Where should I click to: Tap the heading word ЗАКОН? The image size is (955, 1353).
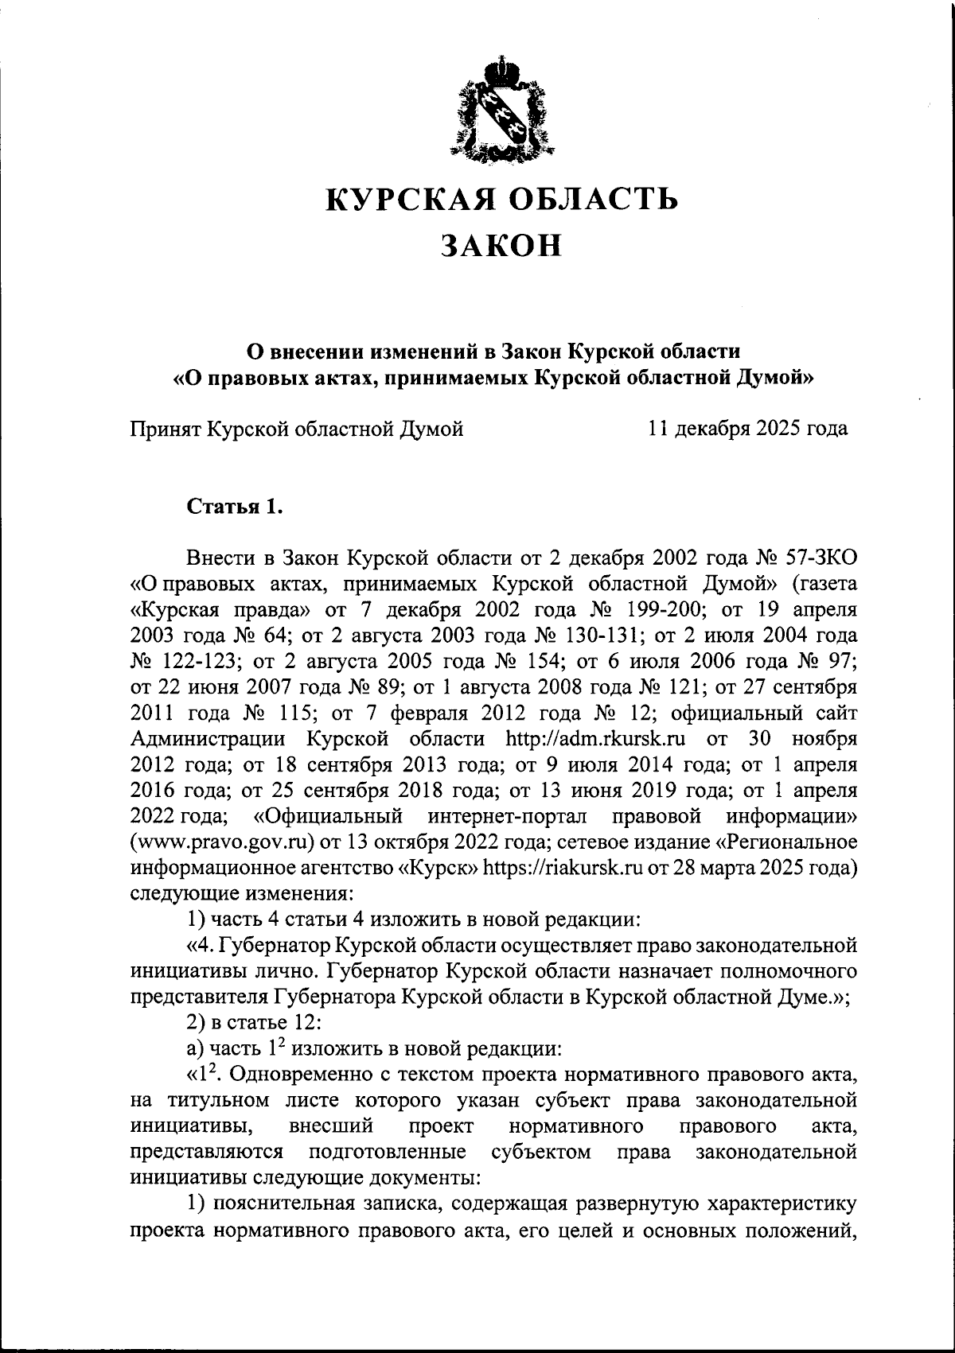click(x=502, y=245)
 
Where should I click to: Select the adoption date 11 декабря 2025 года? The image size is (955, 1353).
click(x=748, y=430)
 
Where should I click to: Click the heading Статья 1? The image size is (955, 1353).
click(x=235, y=507)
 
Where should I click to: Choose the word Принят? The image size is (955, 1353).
click(x=166, y=430)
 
